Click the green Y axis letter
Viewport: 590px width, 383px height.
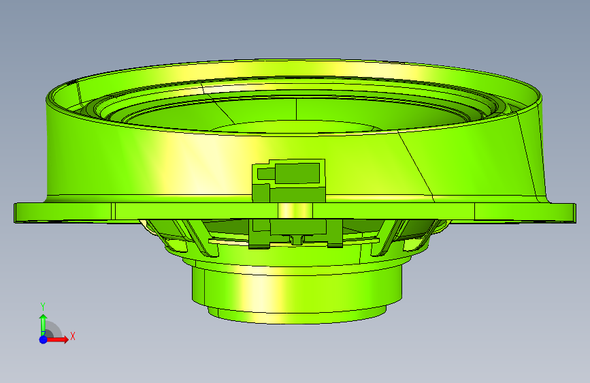click(x=43, y=307)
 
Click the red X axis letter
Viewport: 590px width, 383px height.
click(x=73, y=336)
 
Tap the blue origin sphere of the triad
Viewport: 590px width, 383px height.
click(x=44, y=339)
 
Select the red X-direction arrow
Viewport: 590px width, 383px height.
click(x=56, y=339)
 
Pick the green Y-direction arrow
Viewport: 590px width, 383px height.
click(x=44, y=324)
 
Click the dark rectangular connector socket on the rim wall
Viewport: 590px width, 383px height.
click(x=297, y=173)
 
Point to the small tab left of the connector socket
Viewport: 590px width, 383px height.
click(x=266, y=173)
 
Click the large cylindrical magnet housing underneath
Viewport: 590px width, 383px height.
click(x=297, y=285)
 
